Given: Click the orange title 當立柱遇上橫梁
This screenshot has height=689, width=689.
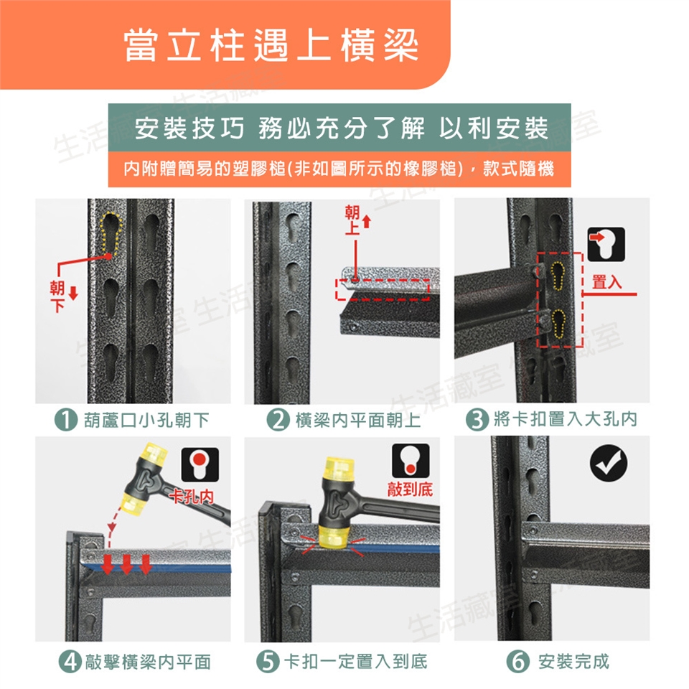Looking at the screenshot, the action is click(x=271, y=46).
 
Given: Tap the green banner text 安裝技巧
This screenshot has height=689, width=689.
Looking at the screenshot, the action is click(x=189, y=128).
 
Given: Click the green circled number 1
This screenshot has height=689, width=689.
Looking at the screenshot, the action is click(x=66, y=420).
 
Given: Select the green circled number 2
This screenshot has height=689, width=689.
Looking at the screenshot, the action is click(x=278, y=420).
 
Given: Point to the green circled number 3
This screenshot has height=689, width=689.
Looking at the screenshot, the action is click(x=477, y=418).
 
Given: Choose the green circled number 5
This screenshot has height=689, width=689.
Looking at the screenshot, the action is click(x=268, y=661).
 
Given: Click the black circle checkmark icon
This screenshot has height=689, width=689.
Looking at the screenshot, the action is click(x=609, y=464).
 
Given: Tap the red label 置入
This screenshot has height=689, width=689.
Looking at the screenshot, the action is click(x=607, y=281).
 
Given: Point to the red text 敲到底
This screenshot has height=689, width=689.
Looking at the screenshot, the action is click(x=410, y=489).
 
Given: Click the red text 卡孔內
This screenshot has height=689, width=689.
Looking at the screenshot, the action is click(x=192, y=497).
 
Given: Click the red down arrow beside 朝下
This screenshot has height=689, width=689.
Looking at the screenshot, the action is click(x=73, y=293).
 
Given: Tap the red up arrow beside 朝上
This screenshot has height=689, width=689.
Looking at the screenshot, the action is click(x=367, y=222).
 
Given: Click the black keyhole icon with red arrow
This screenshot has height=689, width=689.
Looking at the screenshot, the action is click(x=606, y=244).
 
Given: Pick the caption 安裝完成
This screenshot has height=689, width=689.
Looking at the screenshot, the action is click(x=574, y=661).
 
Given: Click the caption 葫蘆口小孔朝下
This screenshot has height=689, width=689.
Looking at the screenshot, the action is click(x=146, y=420).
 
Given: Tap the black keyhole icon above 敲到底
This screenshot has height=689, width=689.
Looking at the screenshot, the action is click(x=411, y=460).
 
